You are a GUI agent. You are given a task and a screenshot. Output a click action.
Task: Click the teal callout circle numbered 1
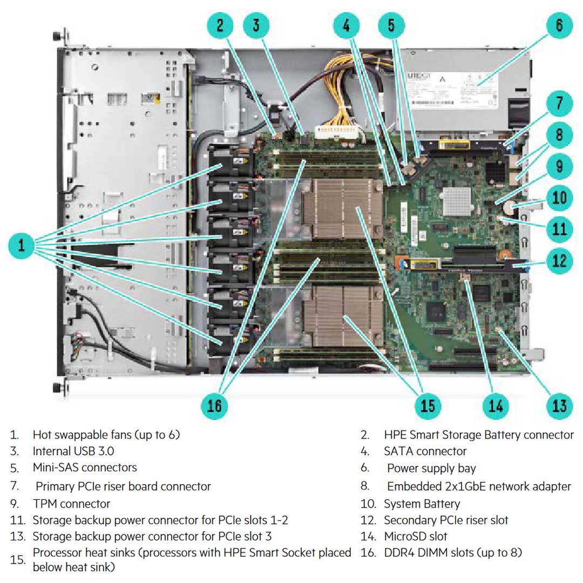tap(22, 246)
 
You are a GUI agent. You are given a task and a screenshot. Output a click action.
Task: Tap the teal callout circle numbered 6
tap(559, 25)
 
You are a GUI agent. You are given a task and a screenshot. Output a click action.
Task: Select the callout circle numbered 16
tap(214, 405)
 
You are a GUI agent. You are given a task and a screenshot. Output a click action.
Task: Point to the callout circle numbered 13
tap(559, 405)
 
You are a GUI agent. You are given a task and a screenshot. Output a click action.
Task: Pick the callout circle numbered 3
tap(256, 25)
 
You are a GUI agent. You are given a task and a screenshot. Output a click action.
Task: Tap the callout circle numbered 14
tap(496, 405)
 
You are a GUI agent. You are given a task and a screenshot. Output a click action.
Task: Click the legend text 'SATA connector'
tap(425, 451)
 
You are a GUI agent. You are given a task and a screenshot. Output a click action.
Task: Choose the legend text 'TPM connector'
tap(71, 504)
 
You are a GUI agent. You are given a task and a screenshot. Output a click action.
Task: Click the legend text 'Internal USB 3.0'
tap(73, 451)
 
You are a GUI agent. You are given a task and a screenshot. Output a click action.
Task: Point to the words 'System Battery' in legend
tap(422, 504)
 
